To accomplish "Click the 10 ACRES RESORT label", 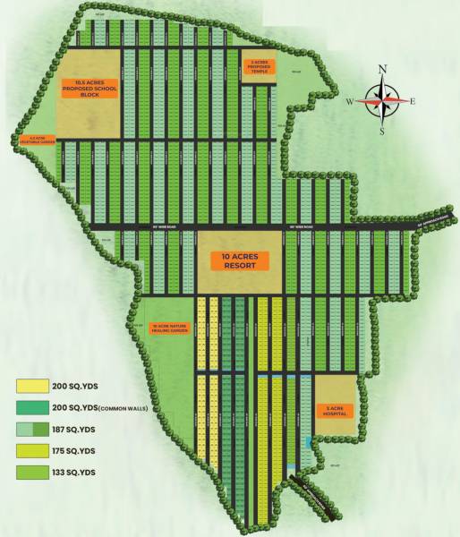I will point(238,261).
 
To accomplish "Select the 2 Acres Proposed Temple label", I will point(257,66).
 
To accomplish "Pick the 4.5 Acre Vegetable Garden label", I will point(32,140).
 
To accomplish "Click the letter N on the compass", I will point(383,69).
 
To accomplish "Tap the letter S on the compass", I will point(382,131).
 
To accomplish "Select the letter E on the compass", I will point(413,101).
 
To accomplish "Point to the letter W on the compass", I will point(351,101).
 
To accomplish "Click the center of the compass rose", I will point(382,101).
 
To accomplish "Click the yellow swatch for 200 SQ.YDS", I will point(30,387).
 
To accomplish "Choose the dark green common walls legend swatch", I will point(30,407).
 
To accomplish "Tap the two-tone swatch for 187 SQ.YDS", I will point(30,429).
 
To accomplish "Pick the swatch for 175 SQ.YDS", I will point(30,449).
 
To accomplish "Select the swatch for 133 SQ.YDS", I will point(30,471).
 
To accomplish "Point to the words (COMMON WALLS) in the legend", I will point(124,408).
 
